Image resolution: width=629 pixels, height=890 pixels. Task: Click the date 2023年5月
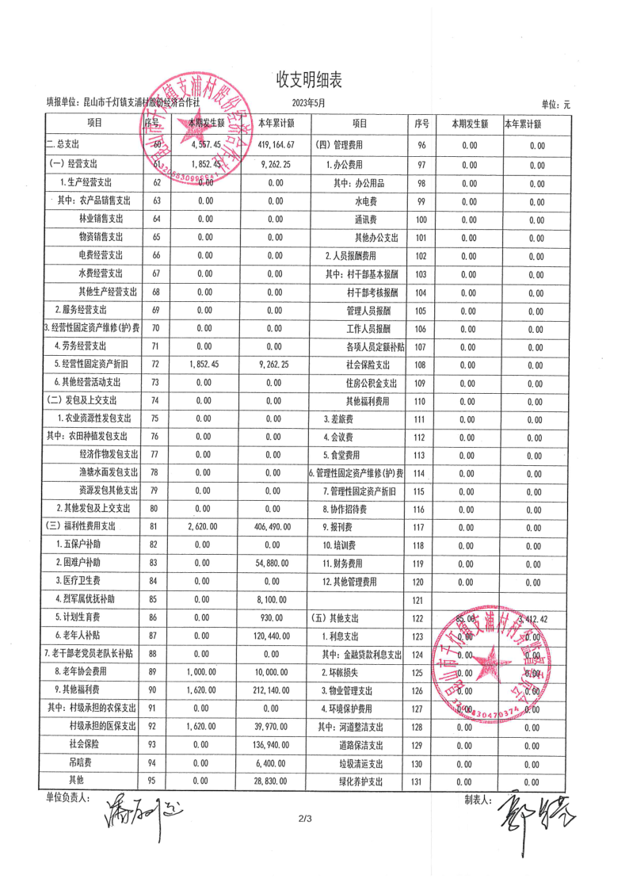(308, 103)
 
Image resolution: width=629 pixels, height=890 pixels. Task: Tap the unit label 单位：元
(555, 105)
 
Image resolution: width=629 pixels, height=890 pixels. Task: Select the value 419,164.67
(276, 145)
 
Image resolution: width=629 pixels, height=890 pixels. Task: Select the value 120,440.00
(276, 636)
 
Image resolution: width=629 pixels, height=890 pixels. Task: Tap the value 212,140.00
(276, 690)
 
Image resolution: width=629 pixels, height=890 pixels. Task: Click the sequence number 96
(421, 145)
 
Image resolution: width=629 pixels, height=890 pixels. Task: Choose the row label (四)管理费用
(340, 145)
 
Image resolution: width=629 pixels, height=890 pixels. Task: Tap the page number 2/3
(306, 818)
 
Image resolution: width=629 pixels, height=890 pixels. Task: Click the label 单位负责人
(68, 797)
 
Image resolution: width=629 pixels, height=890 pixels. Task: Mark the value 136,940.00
(276, 745)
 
